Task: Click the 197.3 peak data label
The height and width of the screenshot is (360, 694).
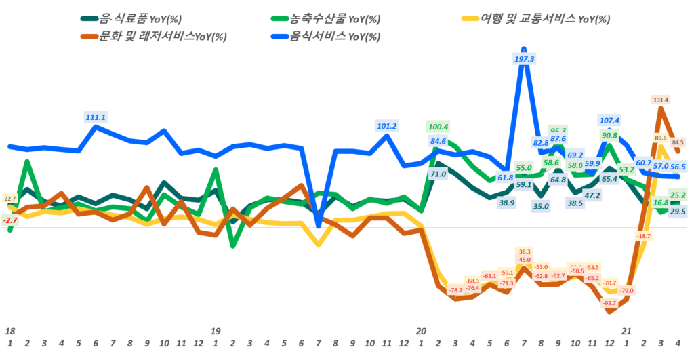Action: click(525, 60)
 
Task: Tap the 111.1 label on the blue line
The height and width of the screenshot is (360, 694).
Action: click(96, 117)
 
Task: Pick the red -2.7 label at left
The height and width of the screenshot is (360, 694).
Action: click(10, 220)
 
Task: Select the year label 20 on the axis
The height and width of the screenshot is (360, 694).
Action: click(421, 332)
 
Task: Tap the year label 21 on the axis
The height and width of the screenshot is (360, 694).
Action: click(627, 332)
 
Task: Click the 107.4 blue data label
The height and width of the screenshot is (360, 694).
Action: click(609, 121)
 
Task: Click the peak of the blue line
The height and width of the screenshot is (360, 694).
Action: click(523, 49)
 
